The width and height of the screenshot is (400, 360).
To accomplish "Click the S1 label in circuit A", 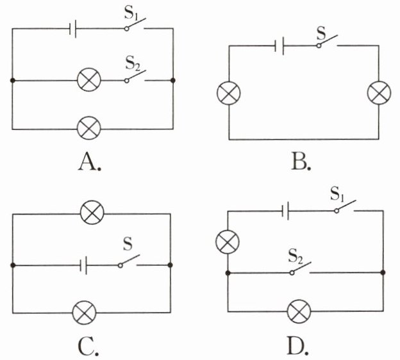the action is coord(131,14).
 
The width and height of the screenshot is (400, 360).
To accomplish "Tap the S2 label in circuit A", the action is coord(133,63).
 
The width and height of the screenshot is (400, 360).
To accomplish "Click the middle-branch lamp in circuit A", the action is coord(88,79).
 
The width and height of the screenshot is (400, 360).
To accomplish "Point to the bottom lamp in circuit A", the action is coord(88,128).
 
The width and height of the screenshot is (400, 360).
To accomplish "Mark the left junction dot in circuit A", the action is coord(12,81).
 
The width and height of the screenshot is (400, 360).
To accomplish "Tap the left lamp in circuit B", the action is coord(229,93).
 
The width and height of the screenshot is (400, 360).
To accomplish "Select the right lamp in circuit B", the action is coord(379,93).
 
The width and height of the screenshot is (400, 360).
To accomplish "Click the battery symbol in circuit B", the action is coord(279,46).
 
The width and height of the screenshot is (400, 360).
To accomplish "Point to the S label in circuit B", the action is coord(321,33).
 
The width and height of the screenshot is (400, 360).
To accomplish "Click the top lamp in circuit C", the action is coord(92,212).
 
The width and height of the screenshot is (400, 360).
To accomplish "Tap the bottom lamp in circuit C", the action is coord(84,313).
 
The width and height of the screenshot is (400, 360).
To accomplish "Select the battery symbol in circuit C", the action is coord(83,265).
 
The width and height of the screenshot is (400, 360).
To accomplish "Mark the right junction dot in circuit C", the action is coord(170,265).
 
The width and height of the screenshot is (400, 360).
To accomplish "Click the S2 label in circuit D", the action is coord(296,256).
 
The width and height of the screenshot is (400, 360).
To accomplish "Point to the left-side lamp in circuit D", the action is coord(228,241).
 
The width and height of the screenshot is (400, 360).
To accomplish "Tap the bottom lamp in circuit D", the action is coord(299,311).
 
